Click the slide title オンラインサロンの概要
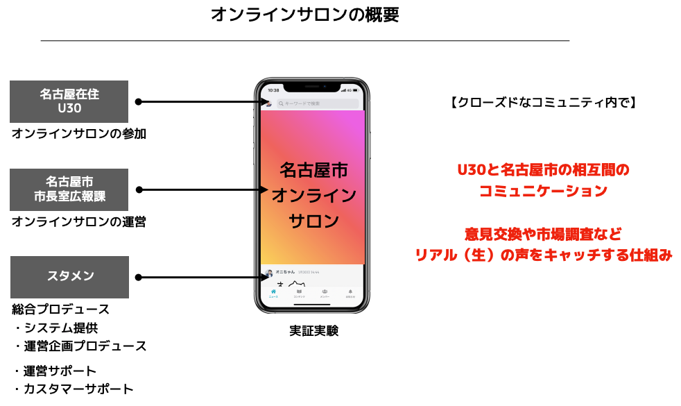pyautogui.click(x=305, y=15)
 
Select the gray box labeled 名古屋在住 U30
pyautogui.click(x=69, y=101)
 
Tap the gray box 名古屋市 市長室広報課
pyautogui.click(x=69, y=189)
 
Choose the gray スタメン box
pyautogui.click(x=69, y=277)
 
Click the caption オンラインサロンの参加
pyautogui.click(x=79, y=134)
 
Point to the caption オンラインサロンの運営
pyautogui.click(x=79, y=222)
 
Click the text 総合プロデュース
pyautogui.click(x=61, y=310)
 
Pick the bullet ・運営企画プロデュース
pyautogui.click(x=80, y=346)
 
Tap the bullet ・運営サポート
pyautogui.click(x=55, y=371)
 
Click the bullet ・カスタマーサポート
pyautogui.click(x=73, y=389)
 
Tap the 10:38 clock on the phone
pyautogui.click(x=273, y=90)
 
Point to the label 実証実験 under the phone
pyautogui.click(x=313, y=331)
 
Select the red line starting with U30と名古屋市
pyautogui.click(x=543, y=169)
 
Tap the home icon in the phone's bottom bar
pyautogui.click(x=273, y=293)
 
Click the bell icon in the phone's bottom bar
pyautogui.click(x=350, y=293)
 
